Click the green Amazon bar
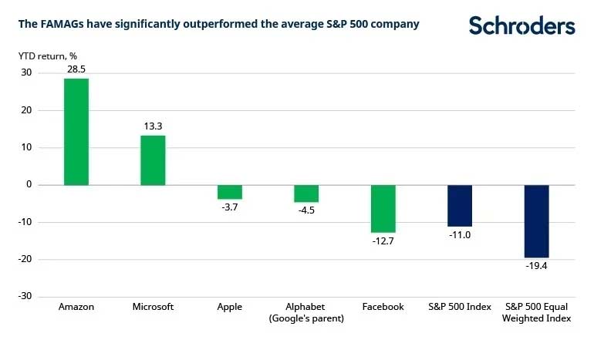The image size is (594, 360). (76, 132)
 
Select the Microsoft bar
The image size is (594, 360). (153, 160)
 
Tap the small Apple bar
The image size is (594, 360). (229, 192)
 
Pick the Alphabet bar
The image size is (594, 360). (306, 193)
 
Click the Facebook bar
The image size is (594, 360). (383, 209)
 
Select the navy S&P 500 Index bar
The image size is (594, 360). (460, 206)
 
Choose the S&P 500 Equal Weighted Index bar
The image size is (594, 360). (537, 221)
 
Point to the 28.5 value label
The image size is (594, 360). (76, 69)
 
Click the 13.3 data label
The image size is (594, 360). (153, 126)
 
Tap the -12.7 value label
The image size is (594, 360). (383, 242)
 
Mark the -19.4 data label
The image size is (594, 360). (537, 267)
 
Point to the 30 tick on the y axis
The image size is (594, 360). (26, 73)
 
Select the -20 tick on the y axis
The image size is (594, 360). (24, 260)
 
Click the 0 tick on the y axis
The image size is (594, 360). (29, 185)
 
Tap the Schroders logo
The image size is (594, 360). (521, 25)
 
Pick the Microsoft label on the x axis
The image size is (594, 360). (153, 307)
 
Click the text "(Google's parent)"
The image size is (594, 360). (306, 318)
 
